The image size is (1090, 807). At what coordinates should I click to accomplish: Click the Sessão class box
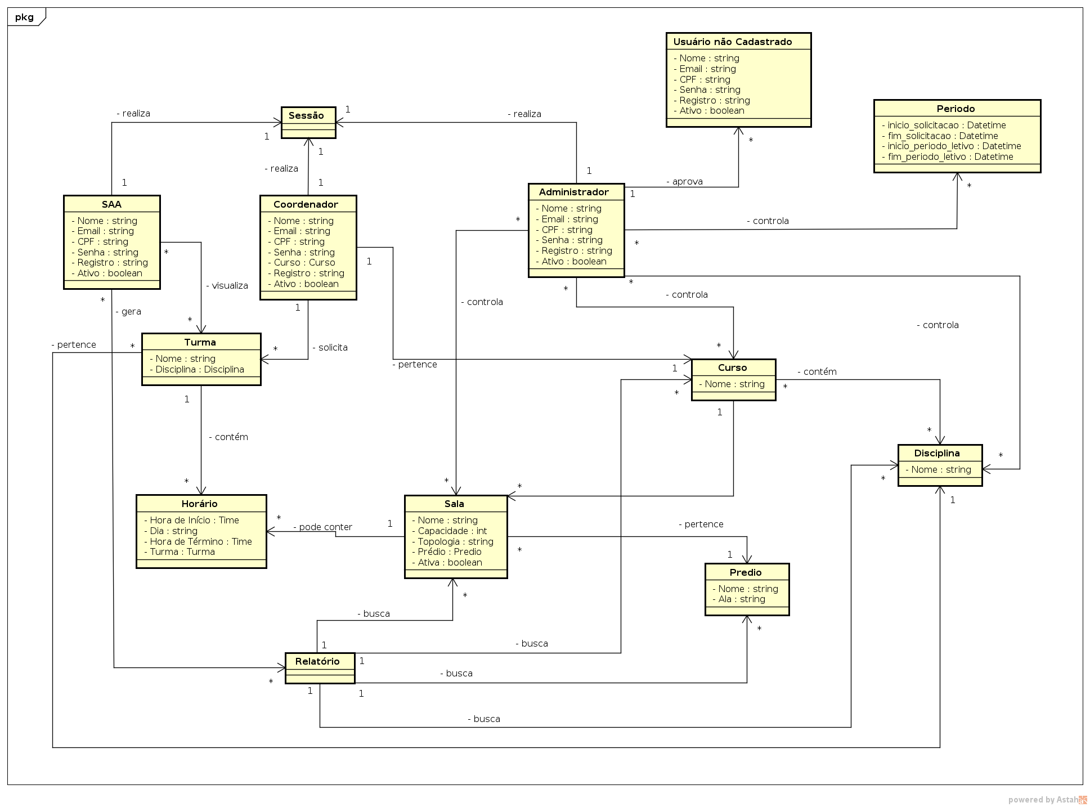[308, 122]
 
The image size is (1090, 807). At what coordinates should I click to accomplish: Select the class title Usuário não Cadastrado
[732, 42]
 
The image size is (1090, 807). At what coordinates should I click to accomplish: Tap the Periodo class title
[956, 109]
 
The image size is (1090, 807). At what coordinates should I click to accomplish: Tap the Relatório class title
[317, 661]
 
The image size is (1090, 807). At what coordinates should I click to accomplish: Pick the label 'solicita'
[332, 348]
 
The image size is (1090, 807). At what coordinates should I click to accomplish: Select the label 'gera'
[131, 312]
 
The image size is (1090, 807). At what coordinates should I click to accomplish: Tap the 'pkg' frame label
[24, 17]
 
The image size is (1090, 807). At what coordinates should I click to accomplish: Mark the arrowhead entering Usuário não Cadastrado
[738, 132]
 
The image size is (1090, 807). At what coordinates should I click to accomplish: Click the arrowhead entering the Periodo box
[957, 177]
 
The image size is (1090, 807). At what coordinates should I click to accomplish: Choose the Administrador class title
[573, 192]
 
